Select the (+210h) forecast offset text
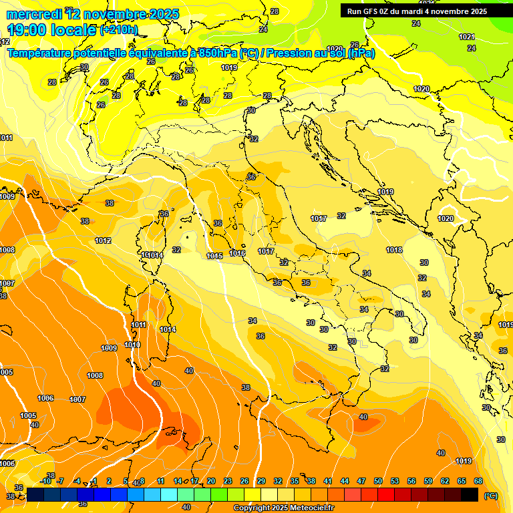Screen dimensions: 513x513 click(118, 30)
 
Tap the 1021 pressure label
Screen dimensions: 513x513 click(466, 37)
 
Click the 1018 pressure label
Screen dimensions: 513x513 click(394, 250)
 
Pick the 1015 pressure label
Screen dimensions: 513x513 click(214, 256)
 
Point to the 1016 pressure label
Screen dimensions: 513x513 click(237, 253)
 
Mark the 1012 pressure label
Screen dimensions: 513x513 click(103, 240)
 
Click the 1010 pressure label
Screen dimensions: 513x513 click(132, 345)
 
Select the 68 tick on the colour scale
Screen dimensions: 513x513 click(478, 481)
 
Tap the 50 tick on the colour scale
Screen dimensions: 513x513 click(378, 481)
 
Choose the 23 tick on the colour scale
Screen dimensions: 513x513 click(227, 481)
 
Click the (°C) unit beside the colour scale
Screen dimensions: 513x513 click(491, 495)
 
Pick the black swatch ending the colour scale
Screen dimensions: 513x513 click(470, 494)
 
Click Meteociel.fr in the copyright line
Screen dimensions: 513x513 click(311, 508)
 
